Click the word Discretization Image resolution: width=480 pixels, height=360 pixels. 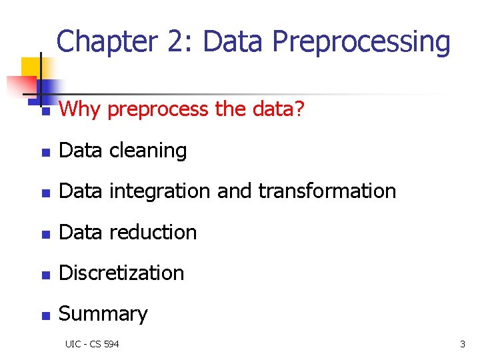(x=121, y=273)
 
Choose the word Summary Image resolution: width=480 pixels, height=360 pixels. (x=103, y=314)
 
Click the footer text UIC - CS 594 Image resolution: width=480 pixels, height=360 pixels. (x=92, y=344)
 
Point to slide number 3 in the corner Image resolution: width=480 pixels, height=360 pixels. (x=462, y=344)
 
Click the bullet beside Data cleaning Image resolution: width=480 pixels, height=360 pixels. (x=45, y=152)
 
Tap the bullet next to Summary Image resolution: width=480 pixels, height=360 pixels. (x=45, y=315)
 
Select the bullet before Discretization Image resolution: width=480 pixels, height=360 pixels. (x=45, y=274)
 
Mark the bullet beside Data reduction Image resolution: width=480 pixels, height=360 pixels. (x=45, y=233)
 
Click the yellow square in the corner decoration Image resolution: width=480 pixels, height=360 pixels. (x=31, y=67)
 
